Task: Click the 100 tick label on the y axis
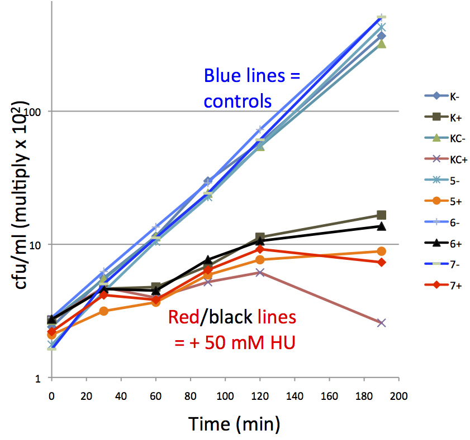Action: pyautogui.click(x=35, y=112)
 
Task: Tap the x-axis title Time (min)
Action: pyautogui.click(x=234, y=424)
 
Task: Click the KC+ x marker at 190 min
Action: pyautogui.click(x=381, y=323)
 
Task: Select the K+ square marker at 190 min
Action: pyautogui.click(x=381, y=215)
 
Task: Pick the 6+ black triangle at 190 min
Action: pyautogui.click(x=381, y=226)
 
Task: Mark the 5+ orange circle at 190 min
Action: pyautogui.click(x=381, y=252)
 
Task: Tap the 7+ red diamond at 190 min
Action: pyautogui.click(x=381, y=262)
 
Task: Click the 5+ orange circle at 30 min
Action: pyautogui.click(x=103, y=311)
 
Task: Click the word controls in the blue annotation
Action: pyautogui.click(x=238, y=102)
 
